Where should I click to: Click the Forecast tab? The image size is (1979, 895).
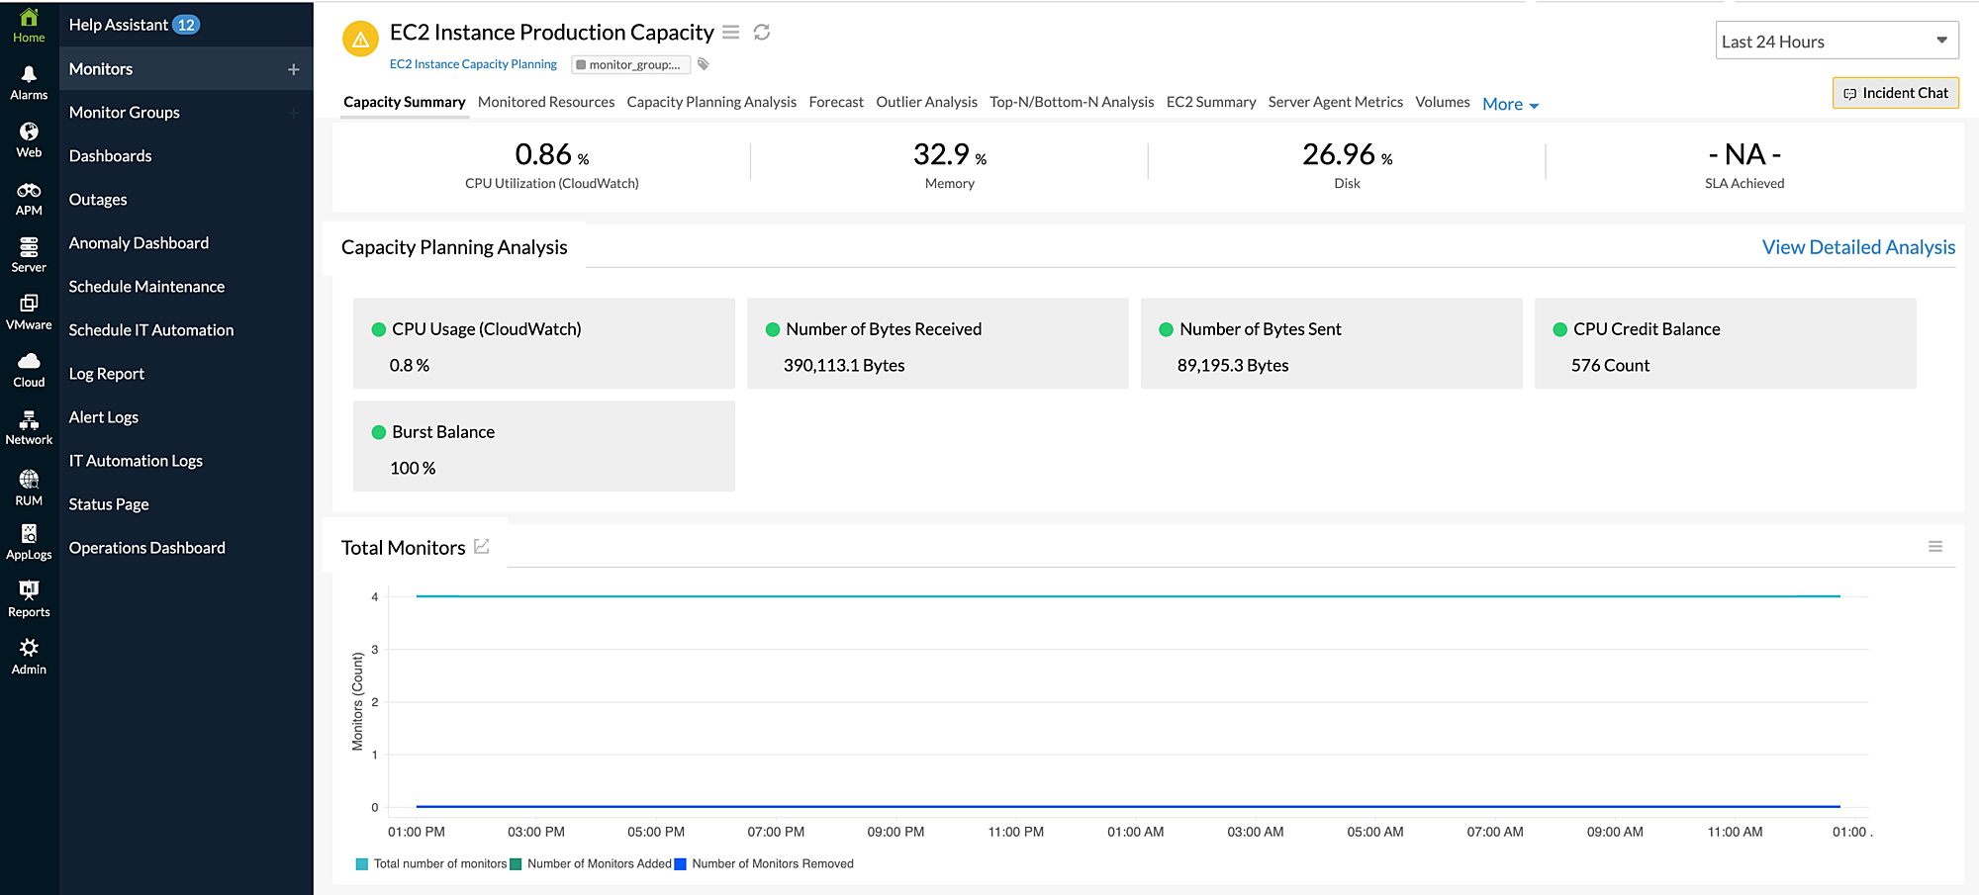tap(835, 102)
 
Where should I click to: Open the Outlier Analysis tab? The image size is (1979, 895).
tap(926, 102)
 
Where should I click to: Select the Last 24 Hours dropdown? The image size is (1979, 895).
tap(1836, 42)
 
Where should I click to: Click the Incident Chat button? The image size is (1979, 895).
tap(1895, 93)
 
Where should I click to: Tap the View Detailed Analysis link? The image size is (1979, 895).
tap(1857, 247)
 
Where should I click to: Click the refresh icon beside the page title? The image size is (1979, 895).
tap(762, 33)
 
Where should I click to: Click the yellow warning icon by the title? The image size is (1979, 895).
tap(360, 40)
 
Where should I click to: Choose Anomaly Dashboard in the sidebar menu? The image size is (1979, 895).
tap(139, 243)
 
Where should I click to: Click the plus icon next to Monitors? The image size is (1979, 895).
tap(293, 69)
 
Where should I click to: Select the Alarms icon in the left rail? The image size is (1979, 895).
tap(29, 81)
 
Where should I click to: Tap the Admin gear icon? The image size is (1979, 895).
tap(29, 655)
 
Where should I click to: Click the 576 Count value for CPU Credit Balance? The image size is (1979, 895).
tap(1610, 366)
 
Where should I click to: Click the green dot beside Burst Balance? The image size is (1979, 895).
tap(378, 432)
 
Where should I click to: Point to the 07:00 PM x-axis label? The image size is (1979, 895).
tap(776, 832)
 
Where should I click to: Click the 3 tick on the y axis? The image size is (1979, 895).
tap(375, 650)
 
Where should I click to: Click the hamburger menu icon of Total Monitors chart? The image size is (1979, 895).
tap(1934, 547)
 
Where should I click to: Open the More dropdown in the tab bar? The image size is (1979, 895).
tap(1510, 104)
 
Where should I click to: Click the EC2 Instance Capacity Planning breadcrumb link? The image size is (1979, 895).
tap(473, 64)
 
